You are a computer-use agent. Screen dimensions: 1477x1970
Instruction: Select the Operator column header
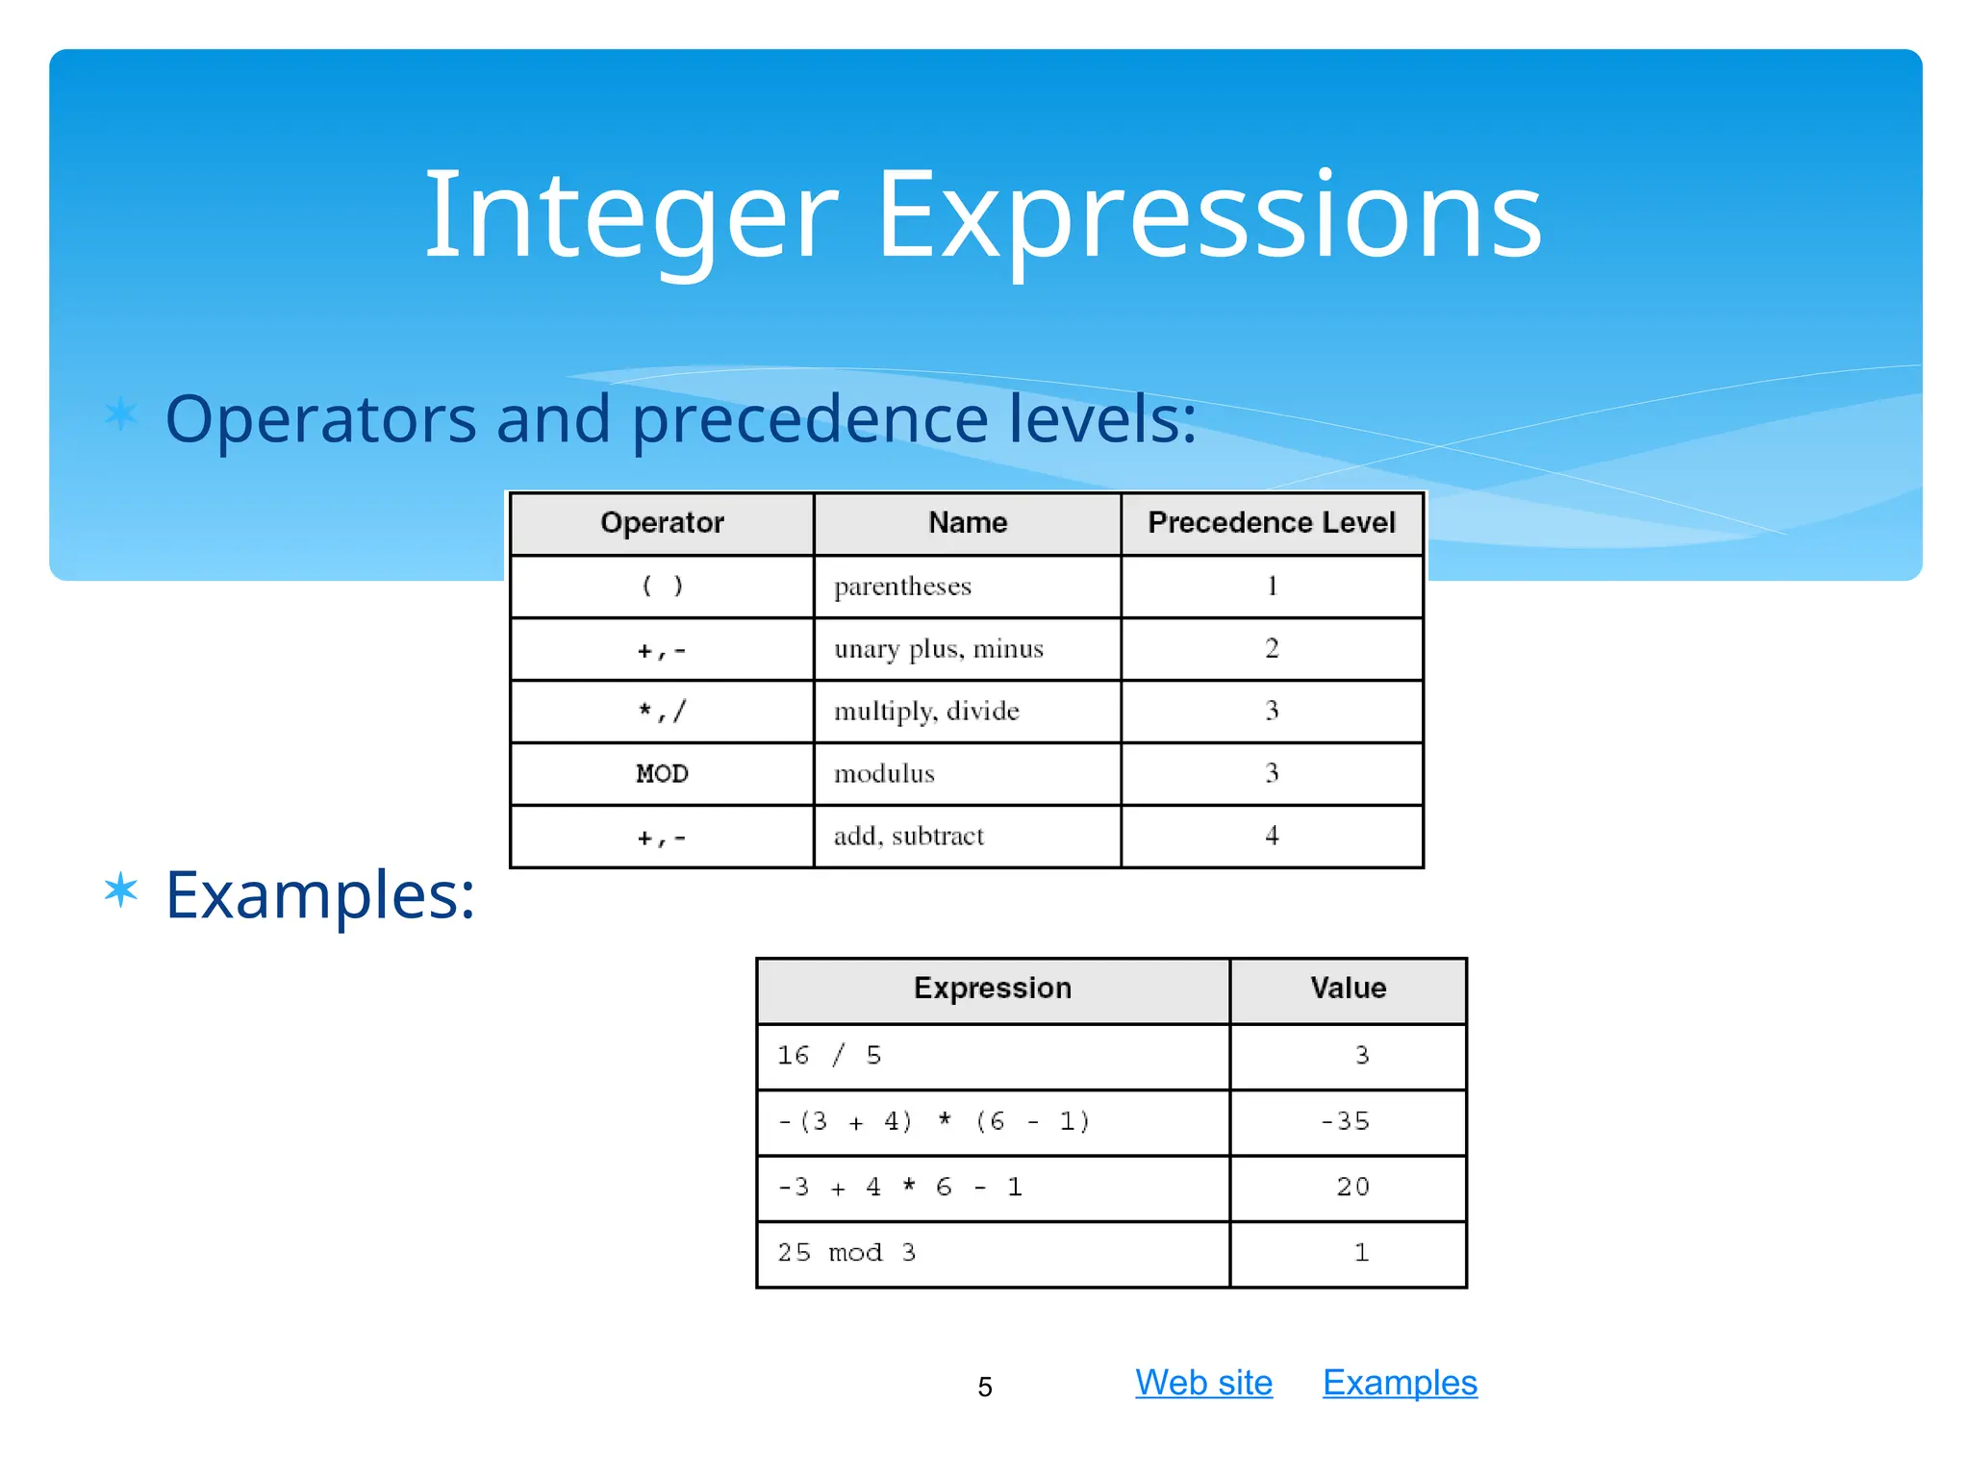point(662,523)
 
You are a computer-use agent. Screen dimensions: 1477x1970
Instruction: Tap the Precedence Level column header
point(1271,523)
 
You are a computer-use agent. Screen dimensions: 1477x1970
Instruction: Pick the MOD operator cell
point(662,774)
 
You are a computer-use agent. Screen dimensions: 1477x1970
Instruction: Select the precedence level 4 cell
point(1271,836)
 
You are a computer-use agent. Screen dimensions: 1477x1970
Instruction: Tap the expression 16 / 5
point(828,1056)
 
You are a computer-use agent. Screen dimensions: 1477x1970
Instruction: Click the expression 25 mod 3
point(846,1253)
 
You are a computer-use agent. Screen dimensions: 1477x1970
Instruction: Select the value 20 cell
point(1351,1188)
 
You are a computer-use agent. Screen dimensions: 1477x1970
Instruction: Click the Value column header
point(1348,989)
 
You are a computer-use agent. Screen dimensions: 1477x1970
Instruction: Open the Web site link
point(1203,1383)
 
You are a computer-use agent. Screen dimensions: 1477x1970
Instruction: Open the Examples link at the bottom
point(1400,1383)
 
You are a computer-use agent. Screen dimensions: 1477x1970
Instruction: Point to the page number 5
point(984,1388)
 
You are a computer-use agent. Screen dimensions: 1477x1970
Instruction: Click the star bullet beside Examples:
point(121,889)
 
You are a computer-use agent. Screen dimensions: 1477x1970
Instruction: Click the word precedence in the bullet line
point(810,420)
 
